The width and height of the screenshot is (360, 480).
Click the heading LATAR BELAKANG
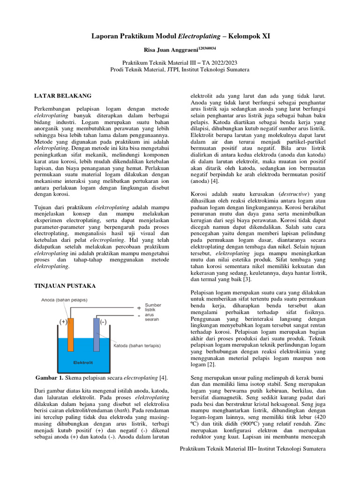pyautogui.click(x=63, y=96)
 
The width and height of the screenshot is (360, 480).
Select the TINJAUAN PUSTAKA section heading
pyautogui.click(x=67, y=286)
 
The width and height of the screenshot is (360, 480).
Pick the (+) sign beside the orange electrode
pyautogui.click(x=62, y=322)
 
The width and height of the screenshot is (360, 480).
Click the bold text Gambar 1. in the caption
pyautogui.click(x=50, y=378)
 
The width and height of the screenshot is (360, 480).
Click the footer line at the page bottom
pyautogui.click(x=253, y=449)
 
